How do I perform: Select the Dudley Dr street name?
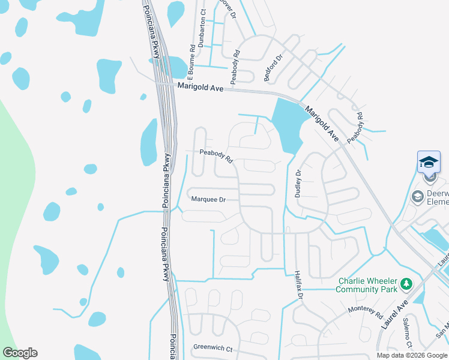pos(298,183)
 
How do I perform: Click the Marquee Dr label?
pos(208,200)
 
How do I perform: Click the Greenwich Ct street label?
pos(212,348)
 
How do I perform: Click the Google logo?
pos(20,353)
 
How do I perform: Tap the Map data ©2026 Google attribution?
pos(412,355)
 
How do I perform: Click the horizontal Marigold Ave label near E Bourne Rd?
pos(200,87)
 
